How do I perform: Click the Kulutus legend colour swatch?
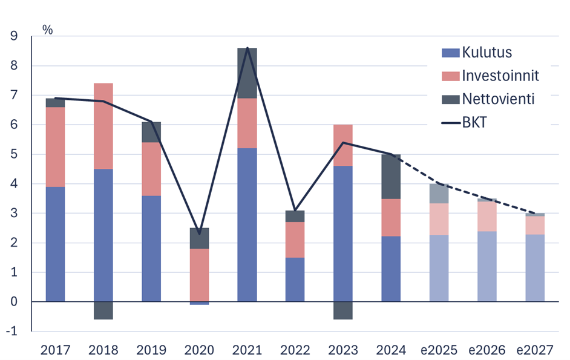[x=451, y=53]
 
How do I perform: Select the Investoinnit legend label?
[x=500, y=76]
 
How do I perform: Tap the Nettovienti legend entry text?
[x=498, y=99]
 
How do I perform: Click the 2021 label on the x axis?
[x=247, y=350]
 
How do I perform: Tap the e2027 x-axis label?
[x=535, y=350]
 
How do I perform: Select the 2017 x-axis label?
[x=55, y=350]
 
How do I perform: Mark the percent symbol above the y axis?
[x=48, y=28]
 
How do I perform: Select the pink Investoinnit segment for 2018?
[x=103, y=126]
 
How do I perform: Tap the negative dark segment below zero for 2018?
[x=103, y=310]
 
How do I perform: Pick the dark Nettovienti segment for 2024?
[x=391, y=177]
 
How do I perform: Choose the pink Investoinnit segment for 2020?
[x=199, y=275]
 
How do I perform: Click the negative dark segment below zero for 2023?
[x=343, y=310]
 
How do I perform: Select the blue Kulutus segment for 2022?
[x=295, y=280]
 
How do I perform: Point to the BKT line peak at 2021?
[x=247, y=48]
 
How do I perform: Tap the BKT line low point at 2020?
[x=199, y=234]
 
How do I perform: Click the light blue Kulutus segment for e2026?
[x=487, y=266]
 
